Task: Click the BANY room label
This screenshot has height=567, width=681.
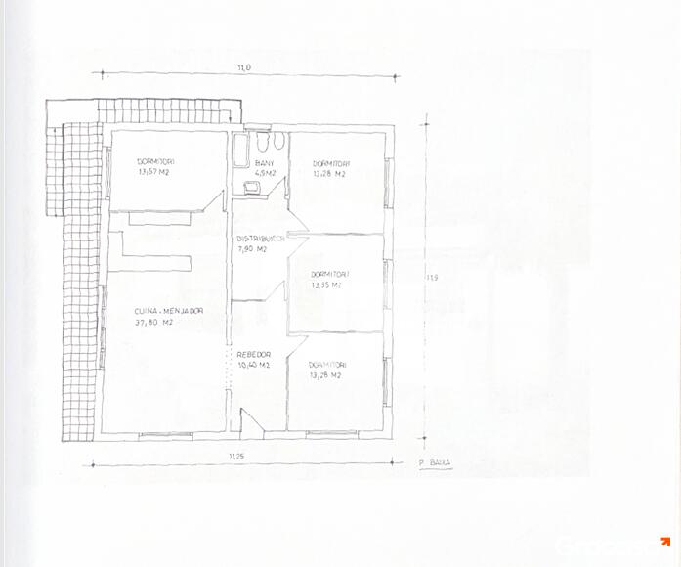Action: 264,163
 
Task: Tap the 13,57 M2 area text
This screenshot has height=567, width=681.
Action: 155,170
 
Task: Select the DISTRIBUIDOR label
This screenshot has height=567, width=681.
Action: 261,238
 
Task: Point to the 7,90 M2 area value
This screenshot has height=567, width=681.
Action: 252,248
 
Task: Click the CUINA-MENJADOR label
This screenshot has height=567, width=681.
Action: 169,311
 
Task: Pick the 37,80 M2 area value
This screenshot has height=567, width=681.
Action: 154,322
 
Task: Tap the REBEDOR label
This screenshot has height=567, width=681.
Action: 254,354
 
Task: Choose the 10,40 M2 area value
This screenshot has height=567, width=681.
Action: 252,365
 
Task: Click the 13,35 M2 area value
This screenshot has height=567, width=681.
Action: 326,285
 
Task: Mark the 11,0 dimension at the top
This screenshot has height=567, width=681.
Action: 243,67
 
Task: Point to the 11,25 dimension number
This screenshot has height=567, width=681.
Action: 235,457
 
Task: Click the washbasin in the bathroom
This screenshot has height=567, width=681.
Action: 252,185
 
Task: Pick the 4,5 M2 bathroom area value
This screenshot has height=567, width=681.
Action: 265,173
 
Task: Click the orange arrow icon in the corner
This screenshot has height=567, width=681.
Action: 664,542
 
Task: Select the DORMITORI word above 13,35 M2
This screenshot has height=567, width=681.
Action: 329,275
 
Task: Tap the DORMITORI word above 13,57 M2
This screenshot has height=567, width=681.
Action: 155,160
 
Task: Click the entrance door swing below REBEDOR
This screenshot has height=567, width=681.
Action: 248,421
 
